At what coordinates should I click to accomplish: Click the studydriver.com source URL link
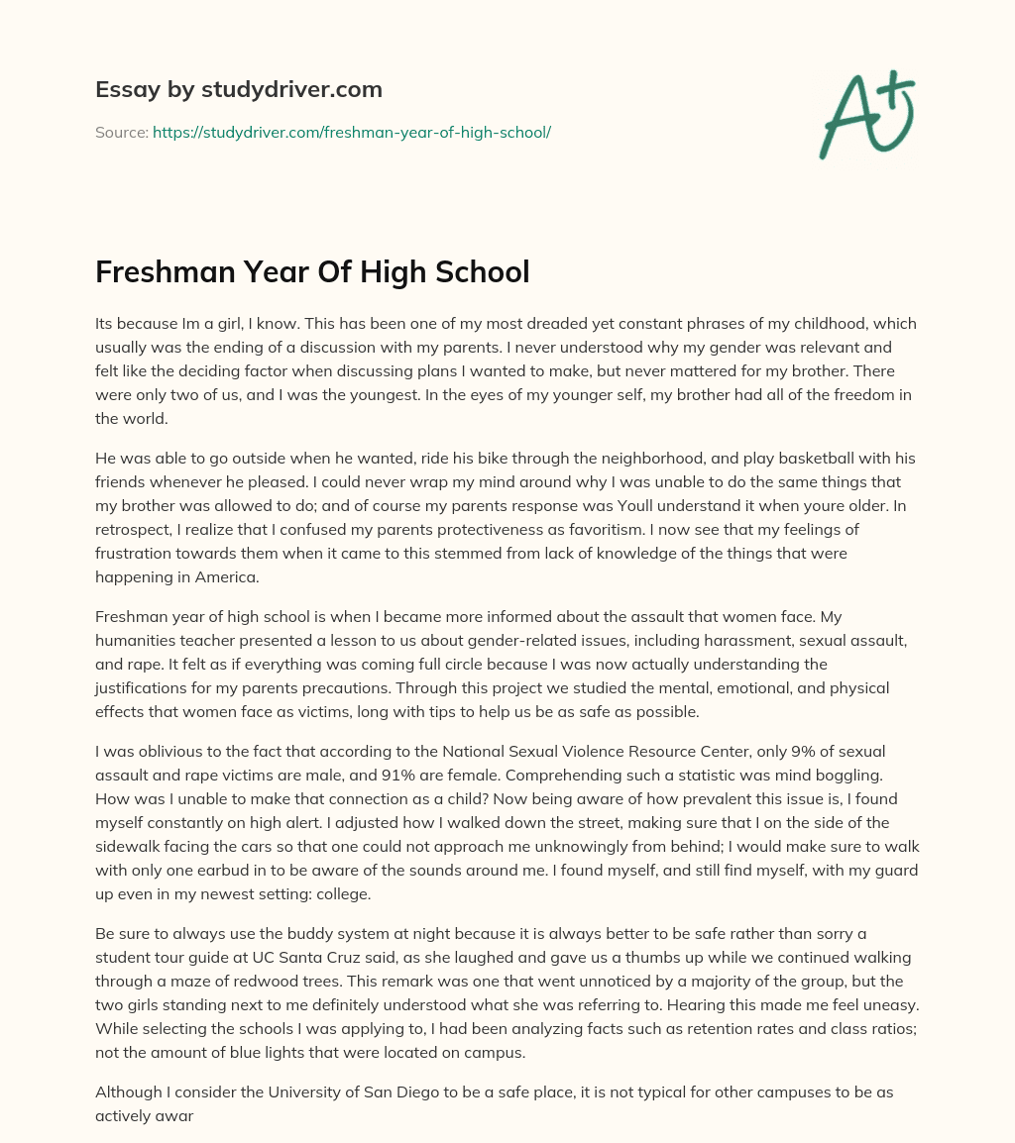click(x=351, y=132)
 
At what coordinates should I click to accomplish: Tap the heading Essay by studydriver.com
click(x=239, y=89)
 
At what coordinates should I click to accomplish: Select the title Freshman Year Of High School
click(x=312, y=272)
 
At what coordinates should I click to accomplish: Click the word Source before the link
click(x=121, y=132)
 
